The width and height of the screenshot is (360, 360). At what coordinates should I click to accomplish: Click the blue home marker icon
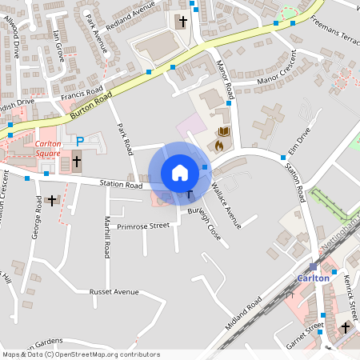pyautogui.click(x=179, y=173)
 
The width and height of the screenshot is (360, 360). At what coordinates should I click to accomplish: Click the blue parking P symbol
pyautogui.click(x=80, y=141)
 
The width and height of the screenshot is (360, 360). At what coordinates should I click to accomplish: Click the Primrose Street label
pyautogui.click(x=143, y=226)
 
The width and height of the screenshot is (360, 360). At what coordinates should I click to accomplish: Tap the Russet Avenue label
pyautogui.click(x=114, y=292)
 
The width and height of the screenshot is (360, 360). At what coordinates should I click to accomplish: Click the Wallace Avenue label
pyautogui.click(x=227, y=206)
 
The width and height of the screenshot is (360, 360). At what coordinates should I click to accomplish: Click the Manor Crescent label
pyautogui.click(x=276, y=70)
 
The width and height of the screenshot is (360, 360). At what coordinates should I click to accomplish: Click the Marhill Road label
pyautogui.click(x=106, y=237)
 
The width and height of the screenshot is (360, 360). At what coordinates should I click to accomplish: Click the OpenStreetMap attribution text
pyautogui.click(x=81, y=354)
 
